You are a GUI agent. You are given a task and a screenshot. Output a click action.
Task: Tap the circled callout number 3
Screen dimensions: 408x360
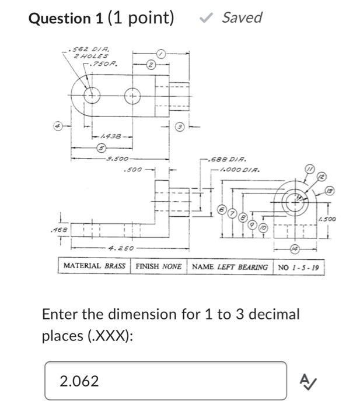click(x=180, y=126)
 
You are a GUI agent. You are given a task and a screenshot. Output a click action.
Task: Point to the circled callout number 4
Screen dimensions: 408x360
click(x=58, y=125)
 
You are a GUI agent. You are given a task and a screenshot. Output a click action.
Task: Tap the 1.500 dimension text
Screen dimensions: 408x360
click(x=327, y=219)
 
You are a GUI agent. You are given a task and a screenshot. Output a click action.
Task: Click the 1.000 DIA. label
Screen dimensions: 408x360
click(x=237, y=170)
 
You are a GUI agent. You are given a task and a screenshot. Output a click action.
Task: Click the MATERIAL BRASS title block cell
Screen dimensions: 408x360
click(x=94, y=266)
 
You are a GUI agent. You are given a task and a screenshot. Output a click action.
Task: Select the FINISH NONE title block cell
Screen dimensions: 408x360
click(x=158, y=266)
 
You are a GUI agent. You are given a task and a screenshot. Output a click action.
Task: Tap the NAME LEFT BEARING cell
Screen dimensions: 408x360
click(x=230, y=267)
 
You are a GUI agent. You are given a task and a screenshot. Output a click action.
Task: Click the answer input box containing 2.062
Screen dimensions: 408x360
click(x=166, y=381)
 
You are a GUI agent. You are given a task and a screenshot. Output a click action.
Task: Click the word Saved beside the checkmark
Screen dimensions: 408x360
click(x=242, y=17)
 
